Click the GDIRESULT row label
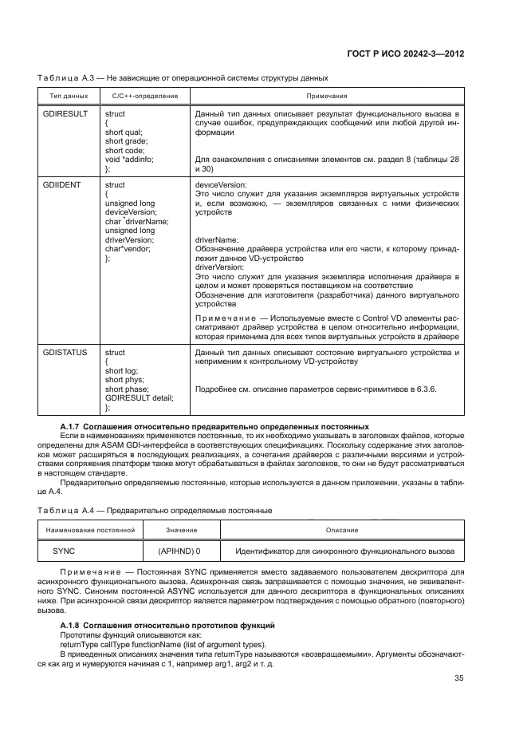tap(64, 114)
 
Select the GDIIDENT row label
tap(61, 184)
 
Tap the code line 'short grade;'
tap(127, 141)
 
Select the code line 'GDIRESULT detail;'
tap(139, 397)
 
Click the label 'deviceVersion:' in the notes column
tap(221, 184)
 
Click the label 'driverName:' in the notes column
tap(217, 239)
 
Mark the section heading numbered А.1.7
tap(214, 427)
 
